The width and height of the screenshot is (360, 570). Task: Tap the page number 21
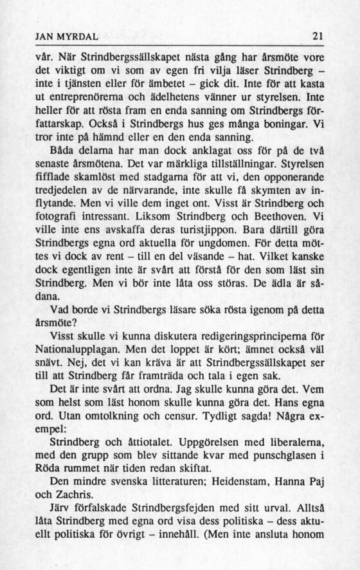(x=316, y=36)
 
